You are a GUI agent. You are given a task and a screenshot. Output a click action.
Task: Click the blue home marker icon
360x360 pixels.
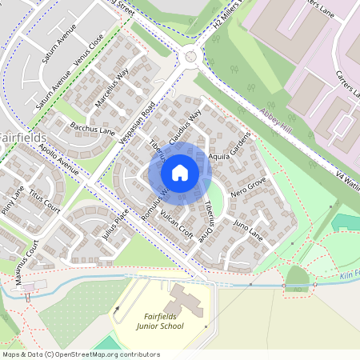click(x=180, y=171)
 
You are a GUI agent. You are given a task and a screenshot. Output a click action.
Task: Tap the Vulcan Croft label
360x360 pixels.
click(x=174, y=226)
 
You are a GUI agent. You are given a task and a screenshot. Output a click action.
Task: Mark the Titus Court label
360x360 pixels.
click(x=46, y=202)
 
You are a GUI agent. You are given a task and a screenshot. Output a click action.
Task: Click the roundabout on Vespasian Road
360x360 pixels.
click(x=190, y=55)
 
